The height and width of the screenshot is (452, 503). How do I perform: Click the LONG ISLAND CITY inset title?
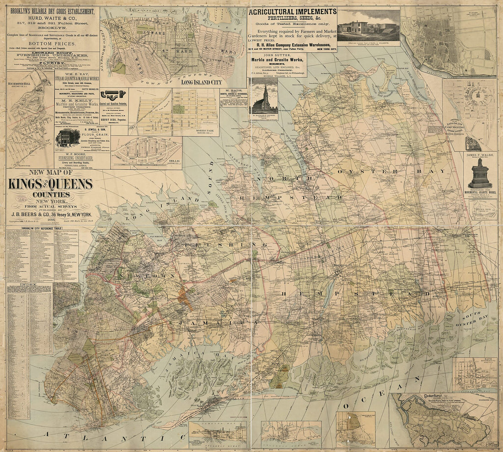pos(202,82)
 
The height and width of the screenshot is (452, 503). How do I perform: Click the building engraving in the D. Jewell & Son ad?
pos(68,138)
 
